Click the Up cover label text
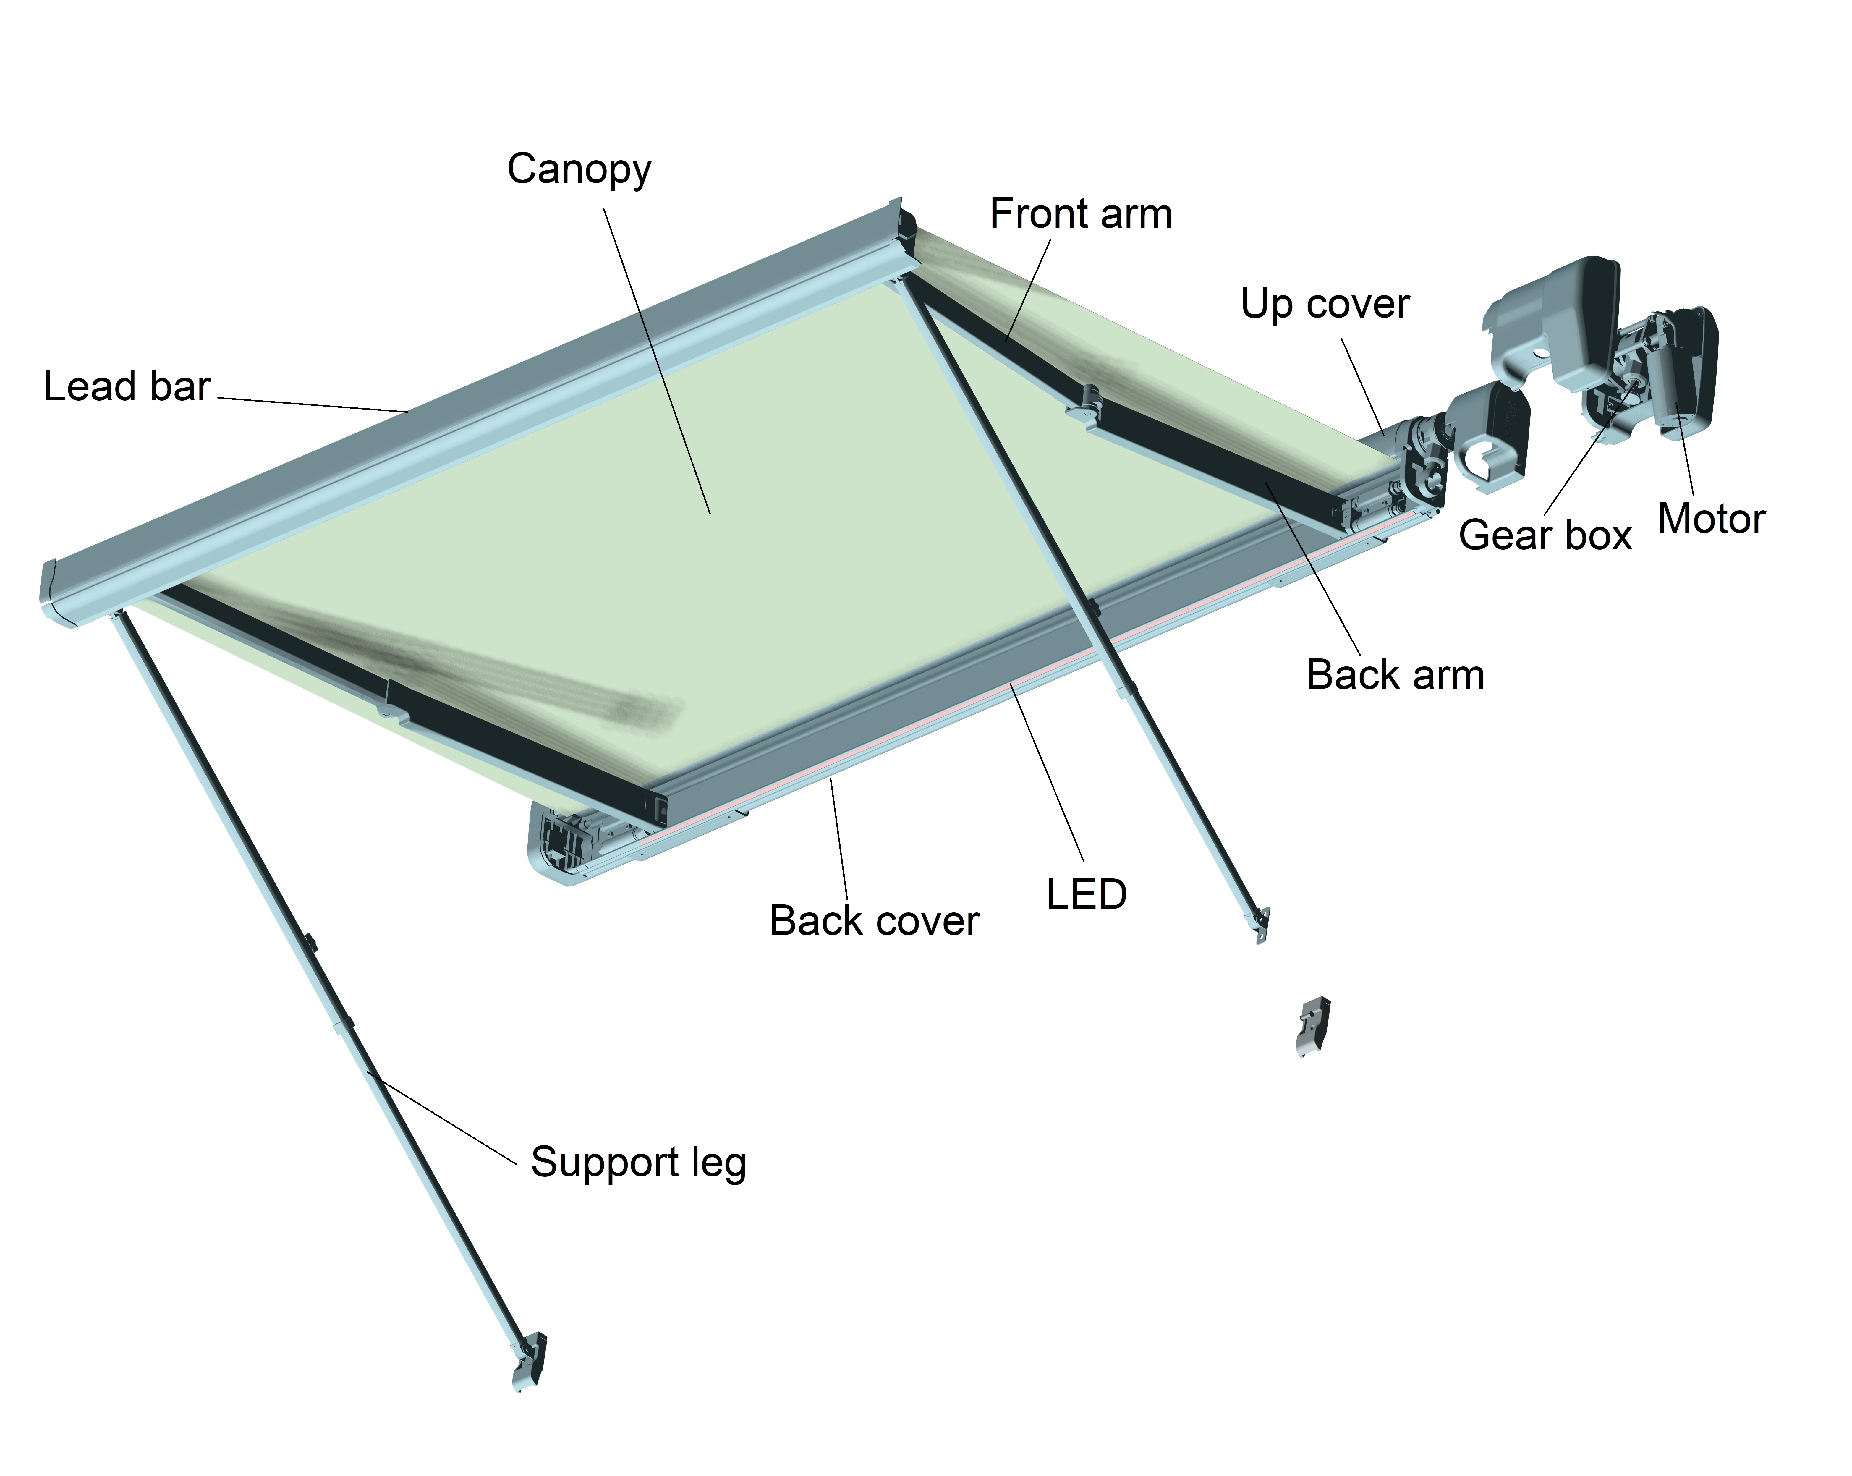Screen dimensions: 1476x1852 (1325, 304)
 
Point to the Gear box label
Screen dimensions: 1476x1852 (1545, 535)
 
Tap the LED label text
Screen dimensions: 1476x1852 (1086, 894)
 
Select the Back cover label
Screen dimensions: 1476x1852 (874, 921)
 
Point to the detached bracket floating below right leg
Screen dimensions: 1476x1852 (1312, 1025)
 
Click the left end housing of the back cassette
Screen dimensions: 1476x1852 (563, 842)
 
